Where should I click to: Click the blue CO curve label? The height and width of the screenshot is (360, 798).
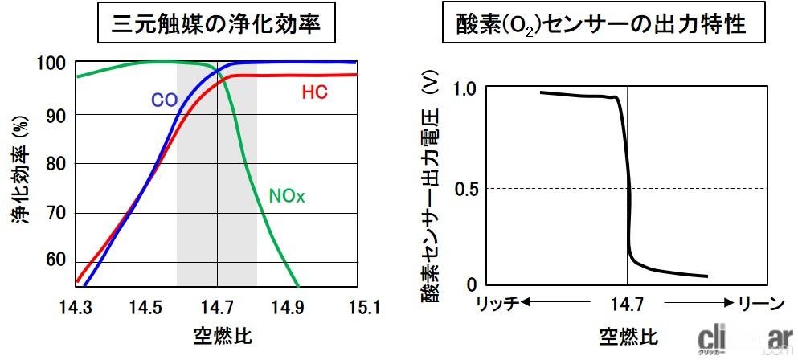point(163,101)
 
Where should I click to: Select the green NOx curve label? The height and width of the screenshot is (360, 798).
point(288,194)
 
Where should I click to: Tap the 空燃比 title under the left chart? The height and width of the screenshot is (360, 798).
point(218,333)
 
